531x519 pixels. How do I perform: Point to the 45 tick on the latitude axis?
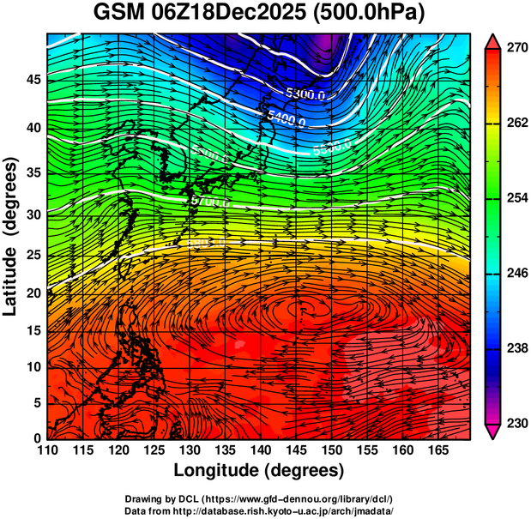pyautogui.click(x=32, y=79)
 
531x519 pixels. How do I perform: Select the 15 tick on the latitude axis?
pyautogui.click(x=32, y=329)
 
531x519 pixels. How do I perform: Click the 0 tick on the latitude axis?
pyautogui.click(x=37, y=438)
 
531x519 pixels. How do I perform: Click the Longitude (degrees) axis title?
pyautogui.click(x=259, y=471)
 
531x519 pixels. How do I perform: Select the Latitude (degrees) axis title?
pyautogui.click(x=11, y=236)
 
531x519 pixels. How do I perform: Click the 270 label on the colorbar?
pyautogui.click(x=516, y=49)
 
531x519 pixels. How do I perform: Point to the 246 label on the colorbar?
pyautogui.click(x=516, y=274)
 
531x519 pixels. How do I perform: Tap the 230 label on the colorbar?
pyautogui.click(x=516, y=423)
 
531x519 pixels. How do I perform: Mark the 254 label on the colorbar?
pyautogui.click(x=516, y=198)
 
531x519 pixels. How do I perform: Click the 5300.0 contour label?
pyautogui.click(x=305, y=94)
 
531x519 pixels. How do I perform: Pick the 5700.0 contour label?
pyautogui.click(x=209, y=202)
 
